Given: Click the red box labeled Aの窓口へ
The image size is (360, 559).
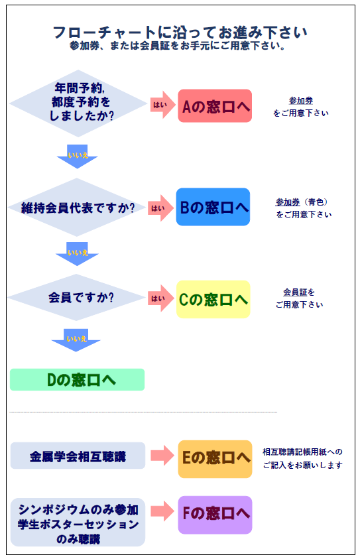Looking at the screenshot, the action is pos(215,106).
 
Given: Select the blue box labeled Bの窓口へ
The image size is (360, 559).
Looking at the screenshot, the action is pos(213,207).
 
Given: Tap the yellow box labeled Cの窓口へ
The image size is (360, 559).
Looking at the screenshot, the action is pos(213,299).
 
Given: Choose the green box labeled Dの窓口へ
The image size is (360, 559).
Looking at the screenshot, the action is pos(78,380).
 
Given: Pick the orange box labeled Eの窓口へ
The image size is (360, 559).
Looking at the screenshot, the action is pos(215,459).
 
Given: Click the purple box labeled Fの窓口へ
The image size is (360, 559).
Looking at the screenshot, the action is pos(215,515).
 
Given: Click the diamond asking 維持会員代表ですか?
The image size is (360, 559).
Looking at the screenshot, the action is pos(77,208).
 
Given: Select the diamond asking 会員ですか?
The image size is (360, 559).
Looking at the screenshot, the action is pos(76,297).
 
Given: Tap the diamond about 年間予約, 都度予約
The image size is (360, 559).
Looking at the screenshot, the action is pos(78,103).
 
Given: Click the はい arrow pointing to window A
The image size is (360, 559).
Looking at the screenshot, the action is pos(162,105).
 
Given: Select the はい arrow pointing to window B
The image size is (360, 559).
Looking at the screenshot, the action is pos(160,208).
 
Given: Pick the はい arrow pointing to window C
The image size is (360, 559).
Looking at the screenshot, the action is pos(160,298).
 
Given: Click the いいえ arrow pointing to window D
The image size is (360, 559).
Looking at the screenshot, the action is pos(76,340).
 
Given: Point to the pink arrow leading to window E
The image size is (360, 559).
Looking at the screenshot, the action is pos(162,456).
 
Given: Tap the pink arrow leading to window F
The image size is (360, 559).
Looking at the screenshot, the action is pos(162,511).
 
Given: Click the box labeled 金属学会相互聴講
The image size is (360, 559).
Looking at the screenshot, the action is pos(78,456).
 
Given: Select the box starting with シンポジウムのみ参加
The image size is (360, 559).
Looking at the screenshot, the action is pos(78,523).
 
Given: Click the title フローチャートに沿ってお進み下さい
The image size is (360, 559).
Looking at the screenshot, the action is pos(180,32).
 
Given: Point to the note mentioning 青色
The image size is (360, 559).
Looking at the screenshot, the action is pos(304,208).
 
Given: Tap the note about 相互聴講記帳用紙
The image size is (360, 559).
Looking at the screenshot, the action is pos(302,458).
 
